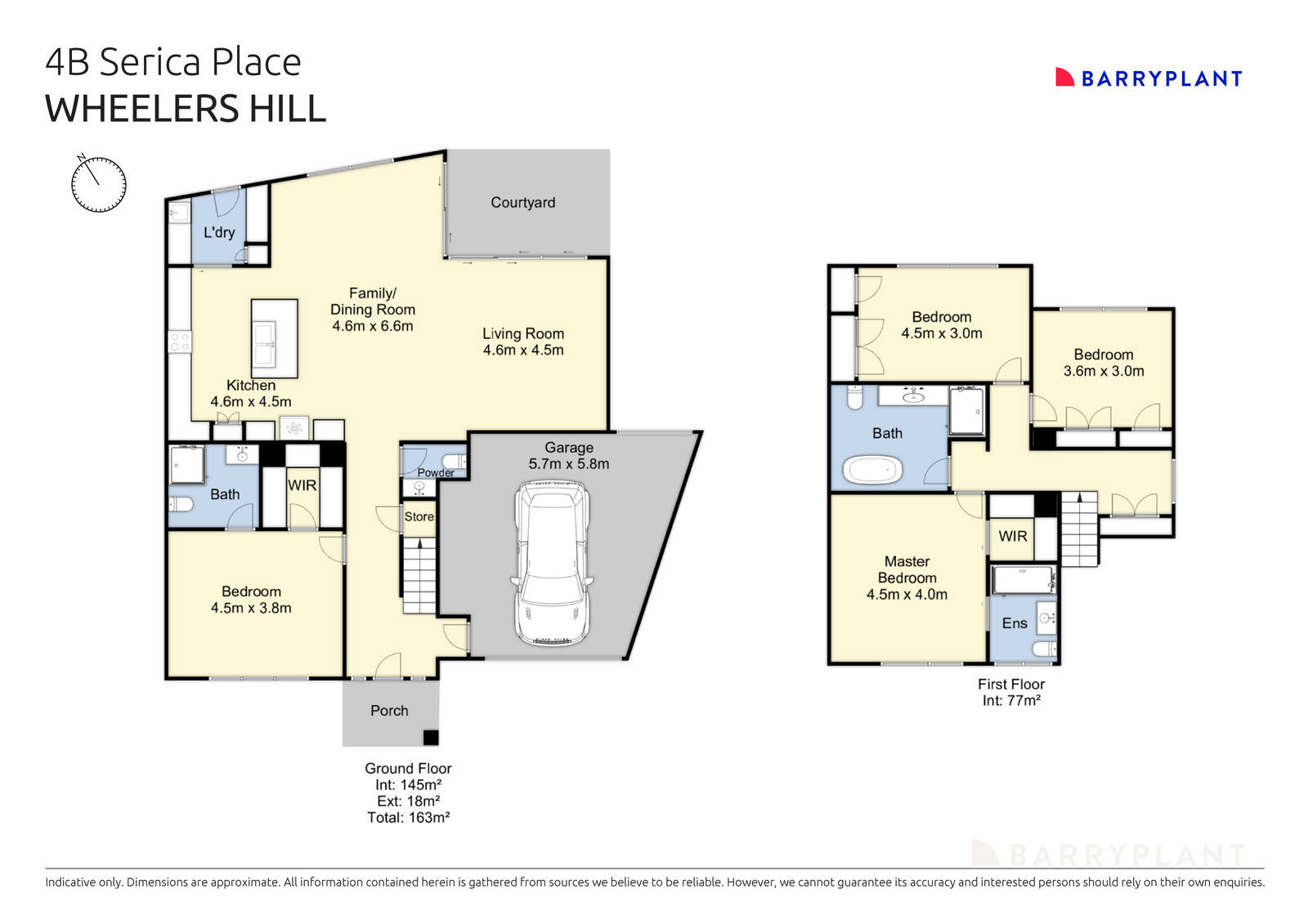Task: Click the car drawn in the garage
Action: pos(552,564)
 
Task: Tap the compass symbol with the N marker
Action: pos(99,184)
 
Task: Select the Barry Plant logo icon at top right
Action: pos(1064,78)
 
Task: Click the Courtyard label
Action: pos(522,203)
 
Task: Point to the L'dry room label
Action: pos(218,232)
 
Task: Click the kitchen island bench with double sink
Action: pos(274,338)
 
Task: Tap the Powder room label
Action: pos(435,473)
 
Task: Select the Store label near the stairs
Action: pos(419,516)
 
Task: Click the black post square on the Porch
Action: pos(430,738)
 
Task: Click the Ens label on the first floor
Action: pos(1014,623)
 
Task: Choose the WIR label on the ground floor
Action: pos(302,485)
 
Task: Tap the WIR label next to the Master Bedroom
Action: pos(1012,536)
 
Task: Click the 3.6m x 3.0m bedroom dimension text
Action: pos(1103,371)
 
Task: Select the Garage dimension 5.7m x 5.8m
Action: pos(568,464)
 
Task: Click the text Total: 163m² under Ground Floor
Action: pos(408,817)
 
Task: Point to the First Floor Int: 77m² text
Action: pos(1010,700)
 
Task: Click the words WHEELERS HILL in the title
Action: pos(186,109)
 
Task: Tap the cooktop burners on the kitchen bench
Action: pos(180,341)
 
